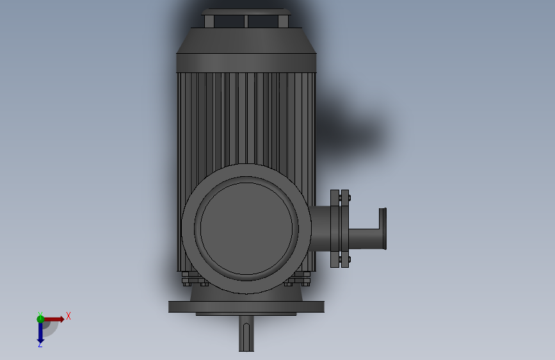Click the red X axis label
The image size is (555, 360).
(x=68, y=316)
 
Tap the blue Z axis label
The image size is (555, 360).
(x=40, y=344)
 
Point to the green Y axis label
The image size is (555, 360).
(x=40, y=314)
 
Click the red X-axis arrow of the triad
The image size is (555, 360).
(x=55, y=319)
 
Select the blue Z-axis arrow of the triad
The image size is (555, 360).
(x=40, y=331)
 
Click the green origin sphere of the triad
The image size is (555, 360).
(x=41, y=319)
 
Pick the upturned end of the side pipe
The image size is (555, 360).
(x=383, y=228)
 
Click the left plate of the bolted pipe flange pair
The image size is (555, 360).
(x=334, y=228)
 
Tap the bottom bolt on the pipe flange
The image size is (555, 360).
(x=344, y=259)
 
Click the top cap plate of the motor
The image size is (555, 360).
(x=246, y=12)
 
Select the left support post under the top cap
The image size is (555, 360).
(x=209, y=21)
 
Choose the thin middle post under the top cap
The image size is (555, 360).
(x=246, y=21)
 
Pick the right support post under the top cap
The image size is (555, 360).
(x=282, y=21)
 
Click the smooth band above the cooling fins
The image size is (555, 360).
(x=246, y=62)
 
